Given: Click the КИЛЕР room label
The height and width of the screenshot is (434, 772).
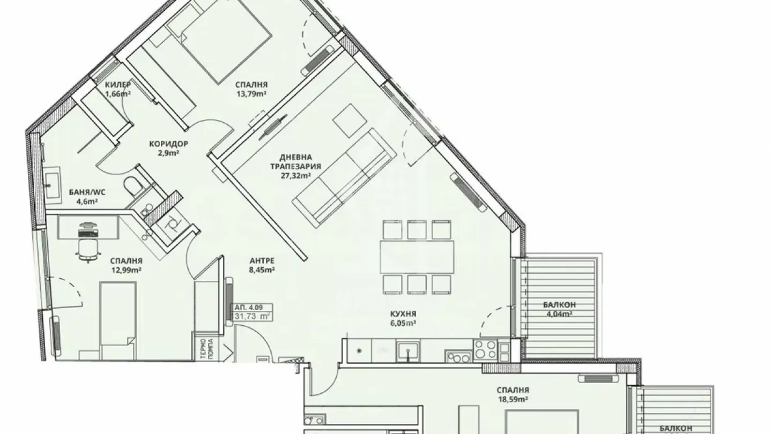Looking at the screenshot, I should pyautogui.click(x=118, y=85).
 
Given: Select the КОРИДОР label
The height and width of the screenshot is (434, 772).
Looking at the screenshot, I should pyautogui.click(x=168, y=144).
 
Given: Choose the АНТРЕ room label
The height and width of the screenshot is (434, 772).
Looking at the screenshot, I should pyautogui.click(x=262, y=261).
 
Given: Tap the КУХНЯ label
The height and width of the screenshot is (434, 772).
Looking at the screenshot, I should pyautogui.click(x=404, y=313).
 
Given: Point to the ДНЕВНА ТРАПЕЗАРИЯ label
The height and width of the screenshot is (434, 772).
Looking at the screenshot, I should pyautogui.click(x=300, y=162).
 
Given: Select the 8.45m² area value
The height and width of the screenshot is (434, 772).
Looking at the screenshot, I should pyautogui.click(x=262, y=270).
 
